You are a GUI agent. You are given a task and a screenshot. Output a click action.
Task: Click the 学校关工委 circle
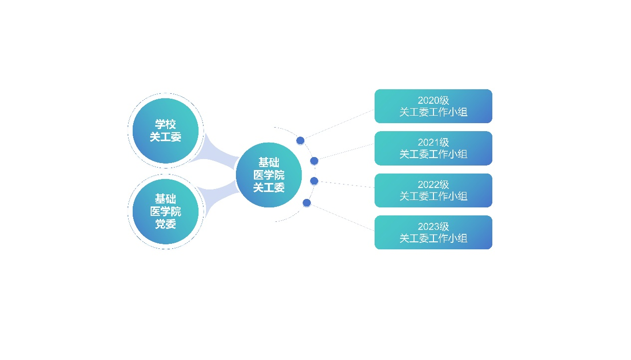coord(166,131)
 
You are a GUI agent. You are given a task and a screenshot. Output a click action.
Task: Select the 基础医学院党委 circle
coord(166,211)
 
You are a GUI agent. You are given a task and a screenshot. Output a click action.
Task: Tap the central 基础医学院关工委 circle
coord(269,175)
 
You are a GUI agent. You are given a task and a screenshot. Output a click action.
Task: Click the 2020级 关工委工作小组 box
coord(433,106)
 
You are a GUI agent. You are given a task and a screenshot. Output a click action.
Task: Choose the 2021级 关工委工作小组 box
coord(433,148)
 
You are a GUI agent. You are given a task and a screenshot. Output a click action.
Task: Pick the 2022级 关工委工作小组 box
coord(433,190)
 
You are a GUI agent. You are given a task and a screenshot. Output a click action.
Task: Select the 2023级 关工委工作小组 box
coord(433,232)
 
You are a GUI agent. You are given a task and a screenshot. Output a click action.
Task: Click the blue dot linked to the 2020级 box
coord(300,140)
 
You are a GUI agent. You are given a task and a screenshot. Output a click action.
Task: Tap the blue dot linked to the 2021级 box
coord(314,161)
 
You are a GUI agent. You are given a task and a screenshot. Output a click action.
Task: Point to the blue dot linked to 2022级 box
coord(314,181)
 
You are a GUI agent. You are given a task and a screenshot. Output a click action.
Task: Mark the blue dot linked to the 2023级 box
coord(307,203)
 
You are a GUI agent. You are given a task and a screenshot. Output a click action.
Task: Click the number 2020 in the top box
coord(427,100)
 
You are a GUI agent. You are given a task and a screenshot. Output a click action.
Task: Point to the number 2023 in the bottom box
coord(427,226)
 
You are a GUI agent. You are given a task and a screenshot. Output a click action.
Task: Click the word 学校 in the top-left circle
coord(166,124)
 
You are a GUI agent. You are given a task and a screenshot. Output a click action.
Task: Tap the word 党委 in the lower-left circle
coord(166,224)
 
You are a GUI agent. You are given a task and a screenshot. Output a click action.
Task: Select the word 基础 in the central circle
coord(269,163)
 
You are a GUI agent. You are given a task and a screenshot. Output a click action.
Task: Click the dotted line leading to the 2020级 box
coord(340,124)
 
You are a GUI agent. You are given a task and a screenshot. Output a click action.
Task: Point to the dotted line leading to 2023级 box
coord(343,218)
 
